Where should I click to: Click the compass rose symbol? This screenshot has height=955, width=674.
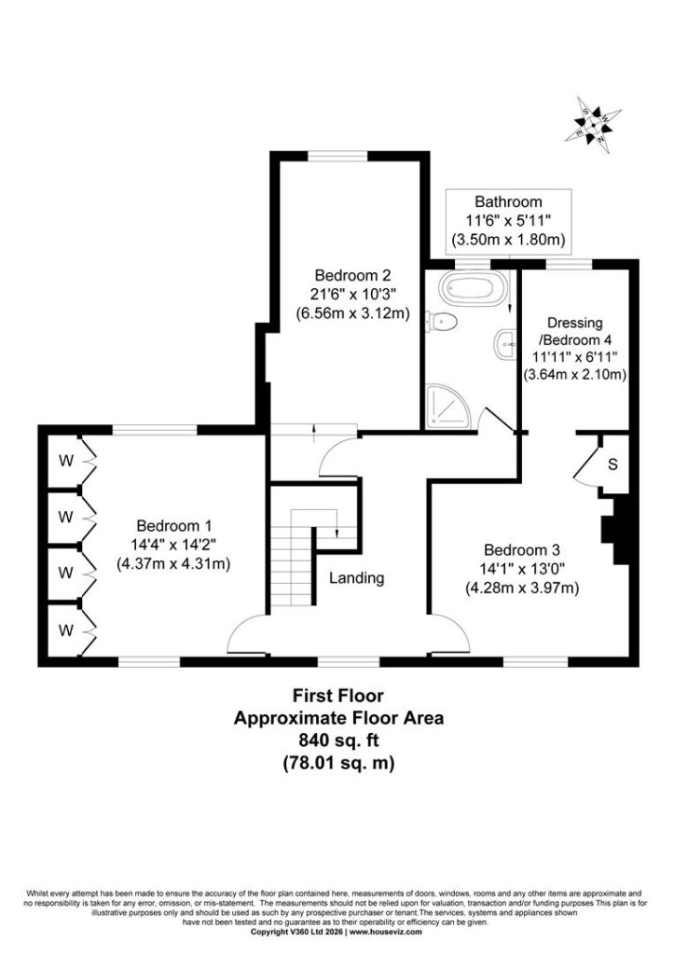pos(593,126)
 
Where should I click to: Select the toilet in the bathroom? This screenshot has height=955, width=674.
pos(442,322)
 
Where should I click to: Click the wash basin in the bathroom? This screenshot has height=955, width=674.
pos(507,345)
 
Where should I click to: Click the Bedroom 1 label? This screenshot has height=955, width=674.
pos(173,545)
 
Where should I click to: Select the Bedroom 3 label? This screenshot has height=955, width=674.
pos(522,569)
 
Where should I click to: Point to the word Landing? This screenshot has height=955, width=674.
pos(357,577)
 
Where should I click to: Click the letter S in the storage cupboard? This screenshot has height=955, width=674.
pos(612,464)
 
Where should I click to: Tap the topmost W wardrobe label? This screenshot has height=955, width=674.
pos(66,461)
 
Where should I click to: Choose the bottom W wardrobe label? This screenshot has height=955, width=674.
pos(66,630)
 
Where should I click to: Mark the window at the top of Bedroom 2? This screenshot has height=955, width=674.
pos(337,157)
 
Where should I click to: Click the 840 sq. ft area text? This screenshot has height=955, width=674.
pos(338,740)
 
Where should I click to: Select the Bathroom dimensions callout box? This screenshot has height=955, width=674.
pos(509,220)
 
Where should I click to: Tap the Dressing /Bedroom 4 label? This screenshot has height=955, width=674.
pos(575,349)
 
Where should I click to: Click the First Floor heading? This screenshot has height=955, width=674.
pos(338,695)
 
